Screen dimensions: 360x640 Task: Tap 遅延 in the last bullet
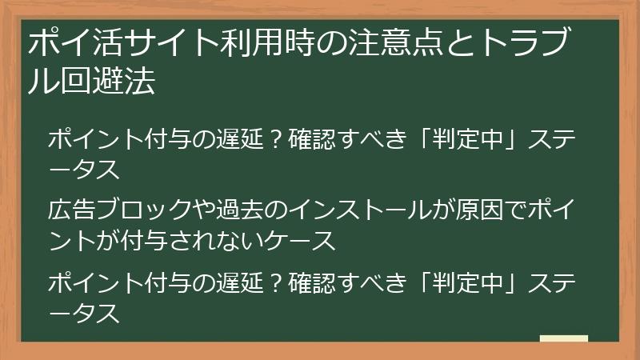point(237,283)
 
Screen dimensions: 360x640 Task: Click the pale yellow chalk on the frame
point(564,338)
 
